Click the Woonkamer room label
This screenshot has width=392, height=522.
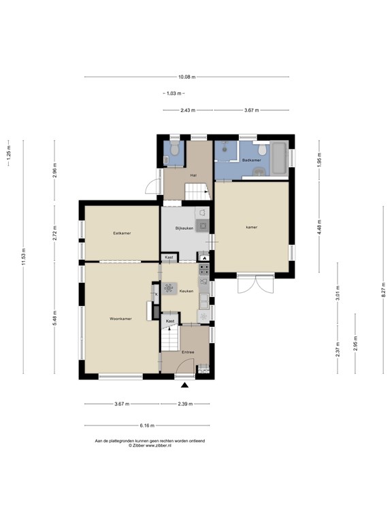(x=120, y=319)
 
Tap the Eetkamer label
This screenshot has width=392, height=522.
(x=122, y=233)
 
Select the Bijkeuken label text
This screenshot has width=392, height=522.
(x=184, y=228)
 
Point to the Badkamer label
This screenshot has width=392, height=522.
(x=252, y=160)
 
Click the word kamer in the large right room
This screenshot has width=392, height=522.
(x=251, y=227)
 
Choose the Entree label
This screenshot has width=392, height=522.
(x=188, y=352)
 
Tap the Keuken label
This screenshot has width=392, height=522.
(x=186, y=291)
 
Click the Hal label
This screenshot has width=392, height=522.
(x=193, y=175)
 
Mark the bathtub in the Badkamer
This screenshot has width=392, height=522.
(x=279, y=158)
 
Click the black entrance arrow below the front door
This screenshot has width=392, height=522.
(x=184, y=385)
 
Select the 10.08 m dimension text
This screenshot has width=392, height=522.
(x=186, y=77)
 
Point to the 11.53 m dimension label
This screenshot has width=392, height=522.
(x=23, y=257)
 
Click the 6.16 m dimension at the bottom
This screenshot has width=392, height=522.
(x=147, y=425)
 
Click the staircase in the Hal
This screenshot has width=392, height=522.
(x=197, y=192)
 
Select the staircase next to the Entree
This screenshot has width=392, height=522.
(x=170, y=338)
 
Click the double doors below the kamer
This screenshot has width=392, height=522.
(x=256, y=283)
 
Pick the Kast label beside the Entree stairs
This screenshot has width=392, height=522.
(x=170, y=321)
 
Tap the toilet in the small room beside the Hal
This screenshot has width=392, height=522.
(x=174, y=150)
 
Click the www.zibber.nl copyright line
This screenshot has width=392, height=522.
(x=150, y=445)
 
